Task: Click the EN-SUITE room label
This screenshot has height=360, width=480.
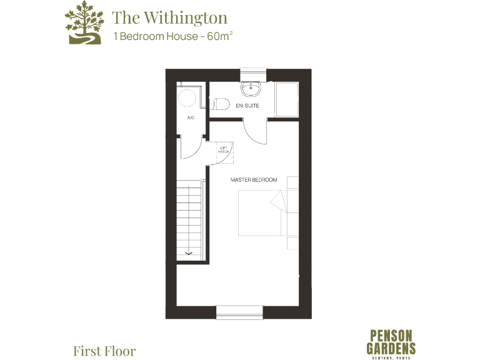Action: tap(247, 106)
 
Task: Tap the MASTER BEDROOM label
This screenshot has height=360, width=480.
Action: tap(253, 180)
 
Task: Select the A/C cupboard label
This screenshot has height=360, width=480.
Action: tap(190, 117)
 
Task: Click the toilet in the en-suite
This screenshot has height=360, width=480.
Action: tap(219, 105)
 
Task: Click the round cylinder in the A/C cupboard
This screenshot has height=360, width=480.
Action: tap(187, 97)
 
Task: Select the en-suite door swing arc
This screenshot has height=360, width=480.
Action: tap(255, 132)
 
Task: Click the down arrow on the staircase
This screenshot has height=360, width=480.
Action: tap(191, 252)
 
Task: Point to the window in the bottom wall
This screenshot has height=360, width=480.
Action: tap(239, 312)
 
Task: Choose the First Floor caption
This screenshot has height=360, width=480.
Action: tap(104, 351)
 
